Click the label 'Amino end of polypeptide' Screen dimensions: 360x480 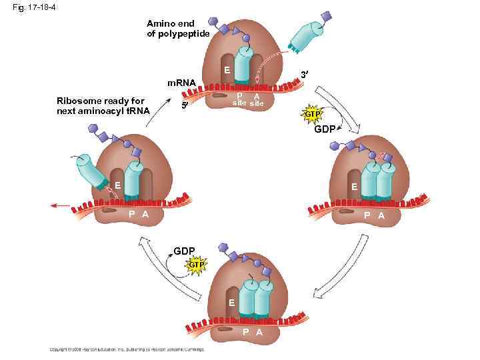[179, 29]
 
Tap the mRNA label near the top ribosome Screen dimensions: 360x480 [181, 83]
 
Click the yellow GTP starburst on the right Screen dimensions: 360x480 [313, 115]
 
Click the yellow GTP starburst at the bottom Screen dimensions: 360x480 [195, 265]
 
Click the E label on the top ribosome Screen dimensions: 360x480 [227, 70]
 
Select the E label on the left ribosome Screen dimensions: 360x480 [116, 185]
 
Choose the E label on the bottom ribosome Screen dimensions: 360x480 [231, 303]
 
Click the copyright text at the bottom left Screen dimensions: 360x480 [127, 349]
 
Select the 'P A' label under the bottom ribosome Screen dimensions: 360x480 [251, 332]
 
